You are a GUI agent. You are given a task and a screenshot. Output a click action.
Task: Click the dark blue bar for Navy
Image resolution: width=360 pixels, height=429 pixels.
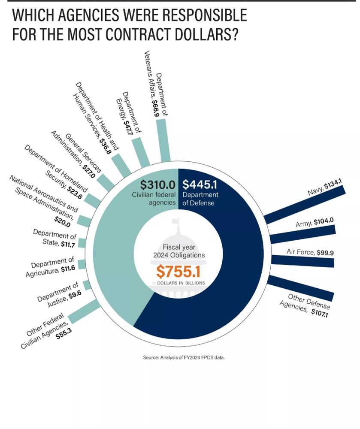coord(305,204)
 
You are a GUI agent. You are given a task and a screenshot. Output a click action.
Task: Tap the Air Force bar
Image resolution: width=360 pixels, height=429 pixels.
coord(303,261)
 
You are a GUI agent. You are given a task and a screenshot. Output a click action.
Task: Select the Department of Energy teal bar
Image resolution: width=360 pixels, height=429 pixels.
coord(141,151)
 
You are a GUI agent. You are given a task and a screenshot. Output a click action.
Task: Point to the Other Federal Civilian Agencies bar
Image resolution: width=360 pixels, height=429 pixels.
coord(84,312)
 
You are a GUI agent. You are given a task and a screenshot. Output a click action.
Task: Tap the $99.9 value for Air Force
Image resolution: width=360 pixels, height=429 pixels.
coord(325,253)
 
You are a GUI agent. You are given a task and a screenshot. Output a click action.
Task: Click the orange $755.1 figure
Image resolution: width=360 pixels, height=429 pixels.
coord(178,272)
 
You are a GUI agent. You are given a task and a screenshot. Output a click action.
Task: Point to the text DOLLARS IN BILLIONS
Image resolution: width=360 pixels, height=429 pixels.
coord(178,284)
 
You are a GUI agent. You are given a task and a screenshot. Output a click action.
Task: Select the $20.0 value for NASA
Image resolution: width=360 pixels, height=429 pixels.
coord(63,219)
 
